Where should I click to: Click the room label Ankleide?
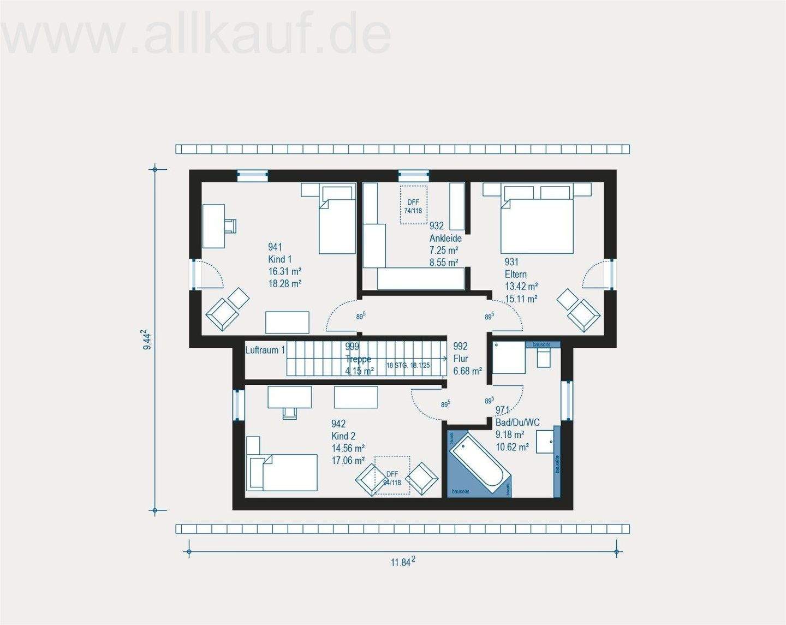tap(445, 238)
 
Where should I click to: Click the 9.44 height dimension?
tap(146, 340)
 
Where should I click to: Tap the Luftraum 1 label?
tap(265, 350)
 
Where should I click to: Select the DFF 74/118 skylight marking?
tap(413, 206)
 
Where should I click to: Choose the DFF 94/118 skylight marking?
tap(392, 478)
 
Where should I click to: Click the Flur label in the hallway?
tap(461, 359)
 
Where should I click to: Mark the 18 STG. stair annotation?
tap(408, 365)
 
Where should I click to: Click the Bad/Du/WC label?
tap(517, 422)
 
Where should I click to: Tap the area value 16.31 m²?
tap(284, 271)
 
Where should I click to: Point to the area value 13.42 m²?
tap(521, 287)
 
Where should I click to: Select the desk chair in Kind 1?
tap(230, 225)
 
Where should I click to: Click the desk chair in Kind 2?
tap(290, 413)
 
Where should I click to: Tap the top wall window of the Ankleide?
tap(413, 175)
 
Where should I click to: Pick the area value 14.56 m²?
tap(348, 448)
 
